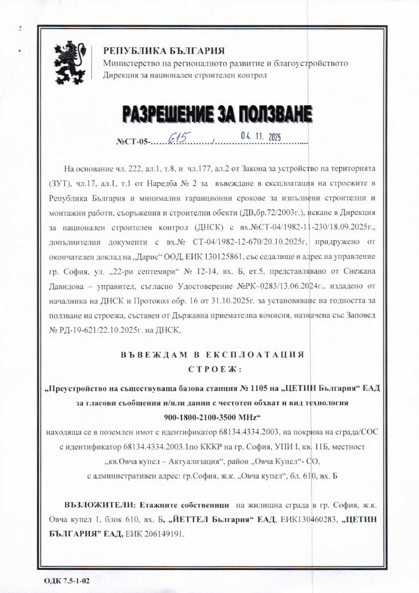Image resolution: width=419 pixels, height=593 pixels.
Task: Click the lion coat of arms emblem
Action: (x=72, y=63)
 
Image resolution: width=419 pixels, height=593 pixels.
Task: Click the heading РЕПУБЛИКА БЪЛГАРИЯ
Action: (x=164, y=51)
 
